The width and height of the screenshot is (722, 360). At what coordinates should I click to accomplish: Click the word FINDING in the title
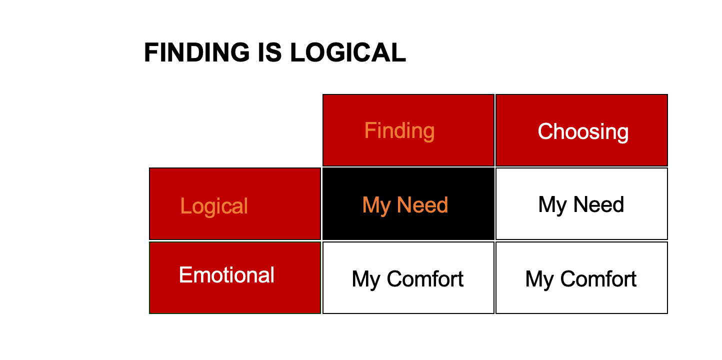[197, 52]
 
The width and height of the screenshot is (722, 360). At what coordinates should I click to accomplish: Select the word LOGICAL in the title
[348, 52]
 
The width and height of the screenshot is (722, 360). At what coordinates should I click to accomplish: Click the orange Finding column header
[408, 130]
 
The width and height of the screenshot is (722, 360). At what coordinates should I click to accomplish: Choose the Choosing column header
[581, 130]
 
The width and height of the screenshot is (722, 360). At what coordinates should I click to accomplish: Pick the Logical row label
[235, 203]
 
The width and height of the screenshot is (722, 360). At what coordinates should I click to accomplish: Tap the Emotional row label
[235, 277]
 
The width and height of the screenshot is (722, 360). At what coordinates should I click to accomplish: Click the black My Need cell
[408, 203]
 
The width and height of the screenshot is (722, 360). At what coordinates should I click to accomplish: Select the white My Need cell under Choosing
[581, 203]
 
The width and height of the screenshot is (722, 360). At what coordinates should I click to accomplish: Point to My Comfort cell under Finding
[408, 277]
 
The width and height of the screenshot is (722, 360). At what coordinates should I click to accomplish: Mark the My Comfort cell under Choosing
[581, 277]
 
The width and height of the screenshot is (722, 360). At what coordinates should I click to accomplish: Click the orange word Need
[422, 204]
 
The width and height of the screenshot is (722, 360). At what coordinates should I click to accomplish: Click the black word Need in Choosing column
[598, 204]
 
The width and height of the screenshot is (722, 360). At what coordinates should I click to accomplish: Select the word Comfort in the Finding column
[425, 279]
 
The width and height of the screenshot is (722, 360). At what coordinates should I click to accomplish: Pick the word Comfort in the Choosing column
[598, 279]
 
